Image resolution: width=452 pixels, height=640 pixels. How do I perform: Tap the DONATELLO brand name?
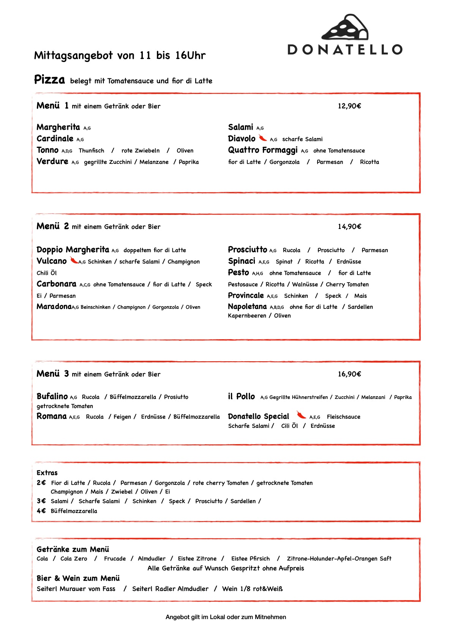point(345,49)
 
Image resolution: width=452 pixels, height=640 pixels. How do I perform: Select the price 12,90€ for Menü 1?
point(349,106)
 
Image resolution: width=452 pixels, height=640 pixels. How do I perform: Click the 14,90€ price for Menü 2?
point(349,227)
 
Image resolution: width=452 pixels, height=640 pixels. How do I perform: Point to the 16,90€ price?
point(349,374)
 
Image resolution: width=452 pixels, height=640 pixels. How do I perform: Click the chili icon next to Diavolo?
point(263,138)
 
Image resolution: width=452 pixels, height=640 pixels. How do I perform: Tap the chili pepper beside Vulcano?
point(74,260)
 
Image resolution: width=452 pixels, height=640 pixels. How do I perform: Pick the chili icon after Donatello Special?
point(301,414)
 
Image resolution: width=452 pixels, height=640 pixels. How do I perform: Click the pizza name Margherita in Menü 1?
point(58,127)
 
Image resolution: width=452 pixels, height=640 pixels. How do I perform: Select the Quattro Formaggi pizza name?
point(262,150)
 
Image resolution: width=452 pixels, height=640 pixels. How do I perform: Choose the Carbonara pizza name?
point(56,284)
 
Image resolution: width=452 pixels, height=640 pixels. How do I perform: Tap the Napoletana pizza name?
point(247,307)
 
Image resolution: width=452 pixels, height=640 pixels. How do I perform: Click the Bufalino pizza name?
point(52,396)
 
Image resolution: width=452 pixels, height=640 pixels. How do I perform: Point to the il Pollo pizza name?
point(241,397)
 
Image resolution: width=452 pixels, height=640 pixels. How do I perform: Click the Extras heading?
point(47,473)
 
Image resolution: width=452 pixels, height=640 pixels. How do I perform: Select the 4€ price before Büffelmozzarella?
point(41,511)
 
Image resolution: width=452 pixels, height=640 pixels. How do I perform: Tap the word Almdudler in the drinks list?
point(152,559)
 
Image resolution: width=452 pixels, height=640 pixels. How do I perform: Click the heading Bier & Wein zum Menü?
point(78,578)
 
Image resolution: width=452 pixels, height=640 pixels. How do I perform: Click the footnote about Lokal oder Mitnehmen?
point(226,617)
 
